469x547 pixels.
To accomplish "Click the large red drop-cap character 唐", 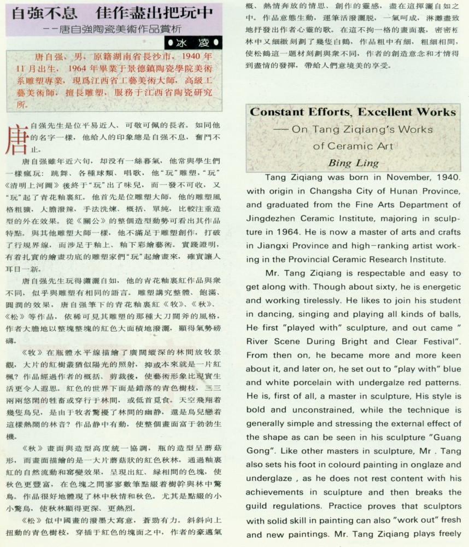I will (x=16, y=141).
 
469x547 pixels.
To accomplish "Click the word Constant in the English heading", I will (x=276, y=112).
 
